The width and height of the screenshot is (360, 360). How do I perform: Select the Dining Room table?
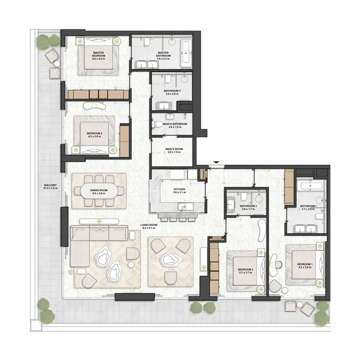[99, 192]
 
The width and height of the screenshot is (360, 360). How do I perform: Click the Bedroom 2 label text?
[246, 271]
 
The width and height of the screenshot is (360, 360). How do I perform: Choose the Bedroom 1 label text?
[304, 265]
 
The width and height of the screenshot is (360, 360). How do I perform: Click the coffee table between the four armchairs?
[171, 259]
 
